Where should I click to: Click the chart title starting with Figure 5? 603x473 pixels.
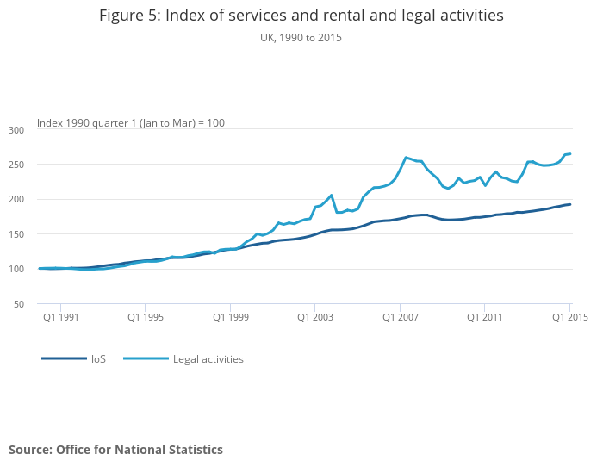tap(301, 16)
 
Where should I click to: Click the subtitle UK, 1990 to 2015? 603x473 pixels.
tap(301, 37)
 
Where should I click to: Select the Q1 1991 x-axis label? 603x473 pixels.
tap(61, 317)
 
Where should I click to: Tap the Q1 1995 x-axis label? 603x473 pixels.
tap(146, 317)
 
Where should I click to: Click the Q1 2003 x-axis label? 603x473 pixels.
tap(315, 317)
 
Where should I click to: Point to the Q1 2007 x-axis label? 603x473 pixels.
tap(400, 317)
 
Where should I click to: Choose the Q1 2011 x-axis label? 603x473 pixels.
tap(485, 317)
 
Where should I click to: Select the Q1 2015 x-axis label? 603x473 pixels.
tap(569, 317)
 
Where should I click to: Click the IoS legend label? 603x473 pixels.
tap(98, 358)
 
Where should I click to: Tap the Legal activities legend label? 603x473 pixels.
tap(208, 358)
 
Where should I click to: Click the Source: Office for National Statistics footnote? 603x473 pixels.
tap(115, 450)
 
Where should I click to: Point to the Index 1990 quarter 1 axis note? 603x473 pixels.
tap(130, 123)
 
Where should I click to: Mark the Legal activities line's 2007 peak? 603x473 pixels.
tap(406, 158)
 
